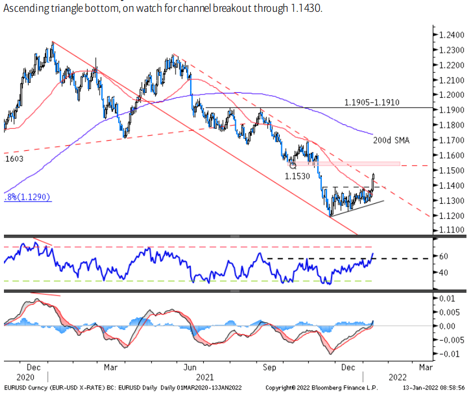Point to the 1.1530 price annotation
click(x=297, y=176)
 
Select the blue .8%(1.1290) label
click(x=27, y=198)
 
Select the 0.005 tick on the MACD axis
click(x=449, y=312)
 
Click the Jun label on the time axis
click(x=190, y=367)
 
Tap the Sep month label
click(x=270, y=367)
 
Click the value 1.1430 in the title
click(x=307, y=10)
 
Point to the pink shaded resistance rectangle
click(x=349, y=164)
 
